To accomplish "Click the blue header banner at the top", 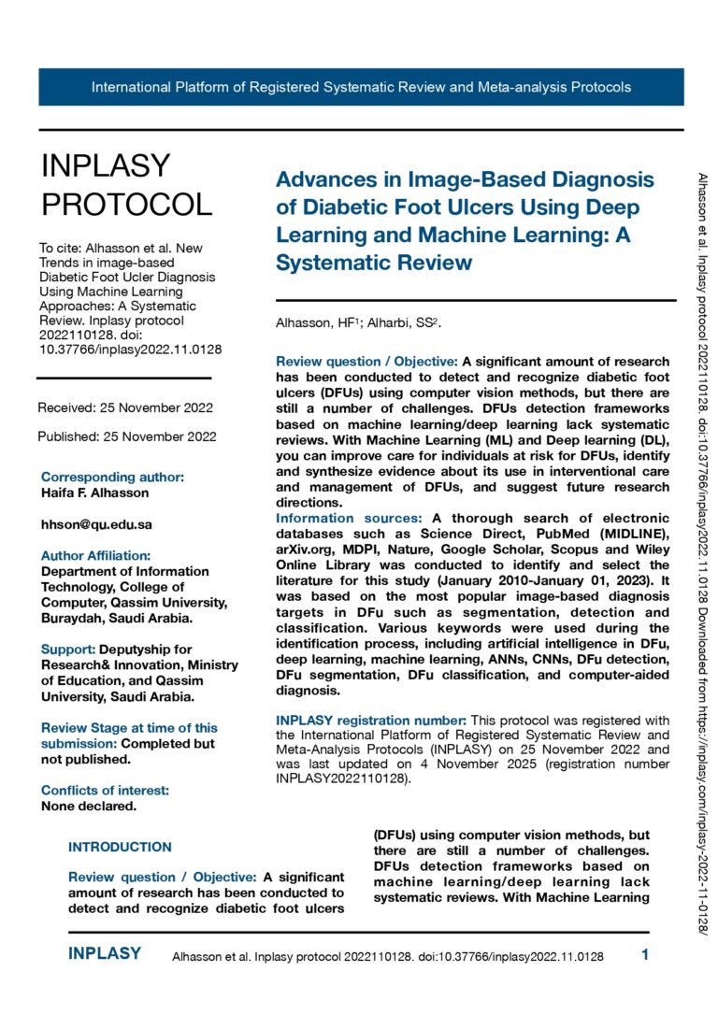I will coord(361,87).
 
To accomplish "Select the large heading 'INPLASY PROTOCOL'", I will coord(126,184).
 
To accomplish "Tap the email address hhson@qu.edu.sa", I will coord(96,524).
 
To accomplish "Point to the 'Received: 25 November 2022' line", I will coord(125,407).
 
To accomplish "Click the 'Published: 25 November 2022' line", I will coord(127,436).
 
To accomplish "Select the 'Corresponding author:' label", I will coord(112,477).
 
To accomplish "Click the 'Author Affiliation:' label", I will coord(95,555).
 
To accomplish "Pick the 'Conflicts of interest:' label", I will coord(105,790).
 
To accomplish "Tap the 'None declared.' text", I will coord(89,806).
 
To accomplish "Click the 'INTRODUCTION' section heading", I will coord(120,847).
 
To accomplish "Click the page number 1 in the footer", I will coord(645,954).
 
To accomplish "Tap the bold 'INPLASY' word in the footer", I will coord(105,953).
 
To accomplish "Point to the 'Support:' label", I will coord(68,649).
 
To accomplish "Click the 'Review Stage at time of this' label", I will coord(129,727).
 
